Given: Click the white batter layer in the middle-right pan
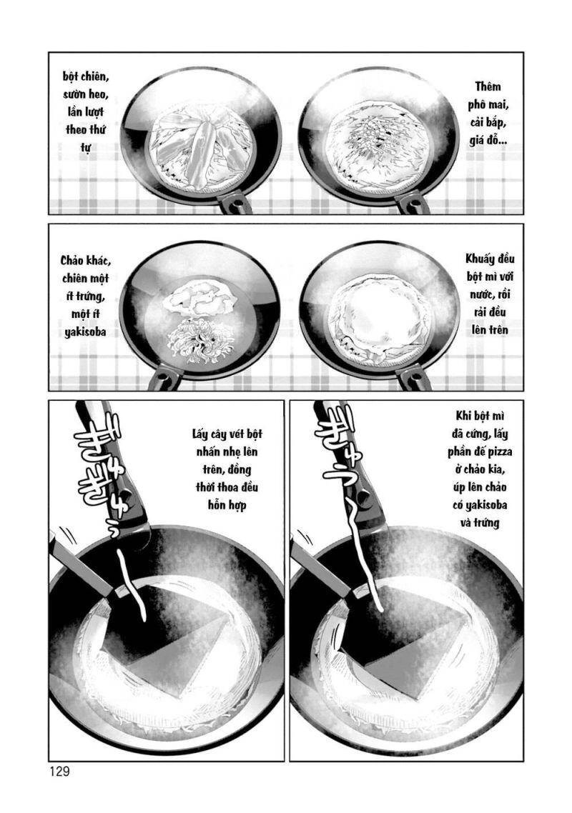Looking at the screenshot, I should [x=380, y=314].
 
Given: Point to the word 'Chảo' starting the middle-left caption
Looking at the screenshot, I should [x=74, y=261].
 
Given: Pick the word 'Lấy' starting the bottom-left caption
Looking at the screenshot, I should [x=203, y=434].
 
